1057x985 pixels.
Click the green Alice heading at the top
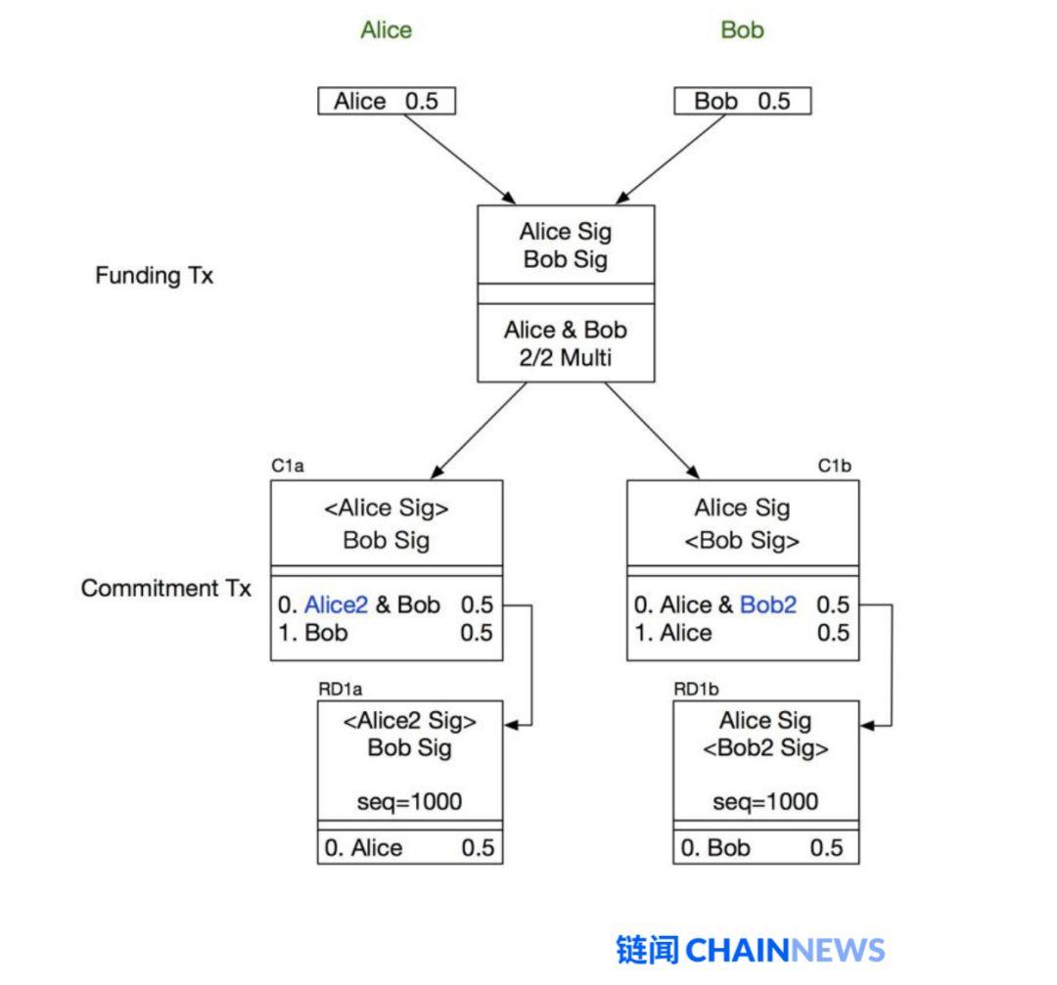[x=387, y=29]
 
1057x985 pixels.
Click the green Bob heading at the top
[x=742, y=29]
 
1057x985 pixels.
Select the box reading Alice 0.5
[x=387, y=101]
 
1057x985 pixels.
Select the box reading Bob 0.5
[x=742, y=101]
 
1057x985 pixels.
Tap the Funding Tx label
[x=155, y=275]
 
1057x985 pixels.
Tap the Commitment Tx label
[x=165, y=588]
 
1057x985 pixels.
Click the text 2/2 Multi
[x=566, y=358]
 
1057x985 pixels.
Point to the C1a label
[x=288, y=466]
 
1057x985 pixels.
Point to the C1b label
[x=835, y=466]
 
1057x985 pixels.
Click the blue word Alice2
[x=337, y=605]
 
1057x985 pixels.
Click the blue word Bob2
[x=768, y=605]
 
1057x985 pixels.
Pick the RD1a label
[x=341, y=690]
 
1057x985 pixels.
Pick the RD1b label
[x=697, y=690]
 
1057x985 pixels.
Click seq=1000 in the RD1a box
[x=410, y=802]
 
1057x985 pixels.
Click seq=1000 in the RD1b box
[x=765, y=802]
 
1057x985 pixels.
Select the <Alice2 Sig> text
[x=410, y=721]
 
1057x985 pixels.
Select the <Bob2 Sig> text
[x=765, y=748]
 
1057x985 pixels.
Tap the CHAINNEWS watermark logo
[x=751, y=950]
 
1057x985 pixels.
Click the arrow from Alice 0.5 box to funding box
[x=460, y=159]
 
